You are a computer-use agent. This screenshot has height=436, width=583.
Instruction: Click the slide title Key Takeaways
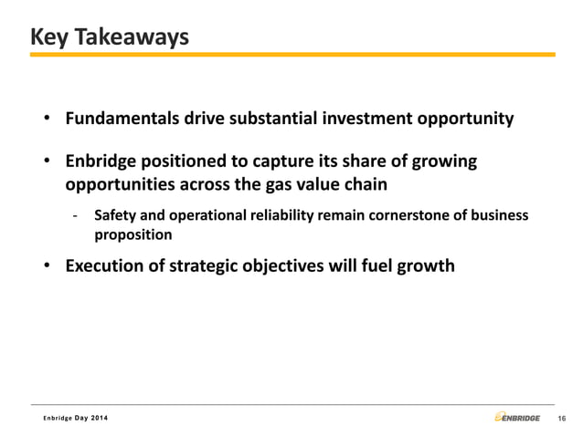tap(109, 37)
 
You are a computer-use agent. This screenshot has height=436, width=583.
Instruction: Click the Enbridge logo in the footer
tap(517, 417)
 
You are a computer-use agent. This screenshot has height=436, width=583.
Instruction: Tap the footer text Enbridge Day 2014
tap(79, 418)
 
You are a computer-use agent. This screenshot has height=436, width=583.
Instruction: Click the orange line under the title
tap(291, 55)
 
